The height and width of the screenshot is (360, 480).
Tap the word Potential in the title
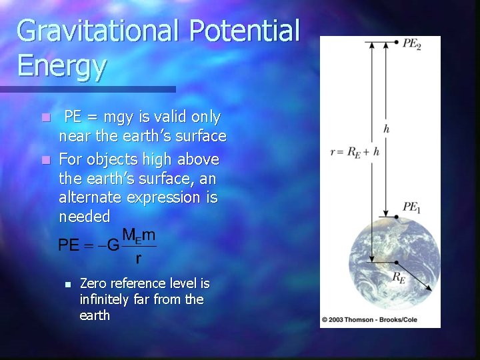[x=245, y=31]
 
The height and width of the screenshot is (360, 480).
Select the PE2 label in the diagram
[x=412, y=43]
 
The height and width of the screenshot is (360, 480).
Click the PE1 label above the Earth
[x=411, y=208]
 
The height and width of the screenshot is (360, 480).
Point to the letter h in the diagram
[x=387, y=129]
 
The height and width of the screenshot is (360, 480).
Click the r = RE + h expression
[x=355, y=152]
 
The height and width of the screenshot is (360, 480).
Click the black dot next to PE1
[x=396, y=217]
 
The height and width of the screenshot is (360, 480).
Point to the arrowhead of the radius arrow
[x=428, y=289]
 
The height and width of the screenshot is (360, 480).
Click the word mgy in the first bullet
[x=124, y=118]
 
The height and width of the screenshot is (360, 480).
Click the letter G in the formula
[x=113, y=246]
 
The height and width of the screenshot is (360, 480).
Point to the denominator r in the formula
[x=138, y=257]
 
